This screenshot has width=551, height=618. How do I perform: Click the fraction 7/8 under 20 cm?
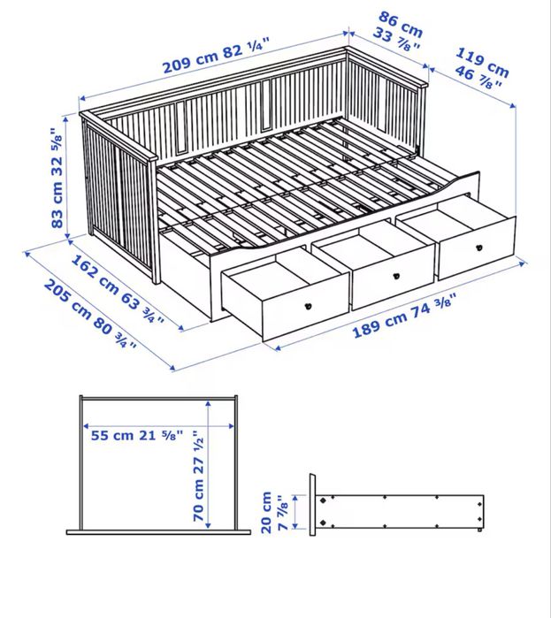281,512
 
